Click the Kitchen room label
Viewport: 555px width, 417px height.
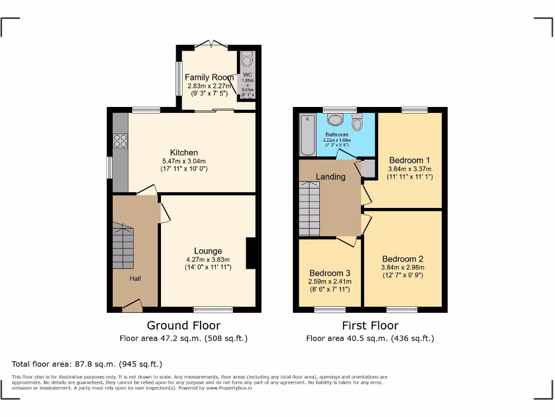click(x=184, y=153)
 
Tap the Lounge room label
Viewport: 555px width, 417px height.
click(x=208, y=251)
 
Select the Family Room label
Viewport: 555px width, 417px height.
click(x=209, y=77)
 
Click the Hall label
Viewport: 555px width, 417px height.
click(x=135, y=279)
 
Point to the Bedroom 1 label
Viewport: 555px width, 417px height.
click(x=409, y=160)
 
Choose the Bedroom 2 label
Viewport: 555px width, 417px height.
click(x=402, y=259)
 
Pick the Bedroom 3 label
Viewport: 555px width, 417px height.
click(x=330, y=273)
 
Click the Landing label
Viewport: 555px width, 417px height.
click(x=331, y=176)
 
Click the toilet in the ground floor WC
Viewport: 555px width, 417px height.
click(x=248, y=58)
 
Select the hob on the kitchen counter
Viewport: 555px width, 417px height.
click(x=120, y=141)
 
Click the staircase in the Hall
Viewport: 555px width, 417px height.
click(x=123, y=247)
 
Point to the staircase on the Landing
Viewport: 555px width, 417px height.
click(x=309, y=209)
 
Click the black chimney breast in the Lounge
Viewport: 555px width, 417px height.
click(x=251, y=253)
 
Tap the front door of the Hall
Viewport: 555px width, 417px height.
click(x=132, y=307)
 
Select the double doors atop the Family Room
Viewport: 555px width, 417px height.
click(x=210, y=43)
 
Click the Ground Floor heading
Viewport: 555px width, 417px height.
click(x=184, y=325)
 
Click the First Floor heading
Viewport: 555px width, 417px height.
click(x=370, y=325)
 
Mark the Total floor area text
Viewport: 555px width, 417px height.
click(x=87, y=364)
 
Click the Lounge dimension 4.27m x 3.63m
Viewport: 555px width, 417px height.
click(x=208, y=260)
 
